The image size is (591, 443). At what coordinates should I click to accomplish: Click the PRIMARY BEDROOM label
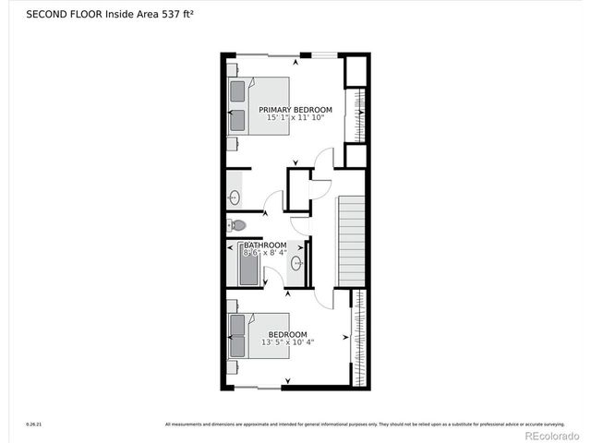(295, 110)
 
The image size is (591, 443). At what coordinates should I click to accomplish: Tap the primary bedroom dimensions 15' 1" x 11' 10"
(295, 118)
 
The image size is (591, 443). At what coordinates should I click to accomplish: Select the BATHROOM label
(265, 245)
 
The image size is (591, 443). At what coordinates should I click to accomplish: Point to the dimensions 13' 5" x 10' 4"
(287, 342)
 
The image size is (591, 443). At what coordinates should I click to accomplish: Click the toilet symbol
(237, 225)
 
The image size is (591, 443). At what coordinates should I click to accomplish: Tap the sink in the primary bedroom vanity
(234, 197)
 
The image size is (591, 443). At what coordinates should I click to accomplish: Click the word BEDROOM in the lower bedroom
(287, 334)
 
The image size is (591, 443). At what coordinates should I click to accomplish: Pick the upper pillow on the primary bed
(238, 91)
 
